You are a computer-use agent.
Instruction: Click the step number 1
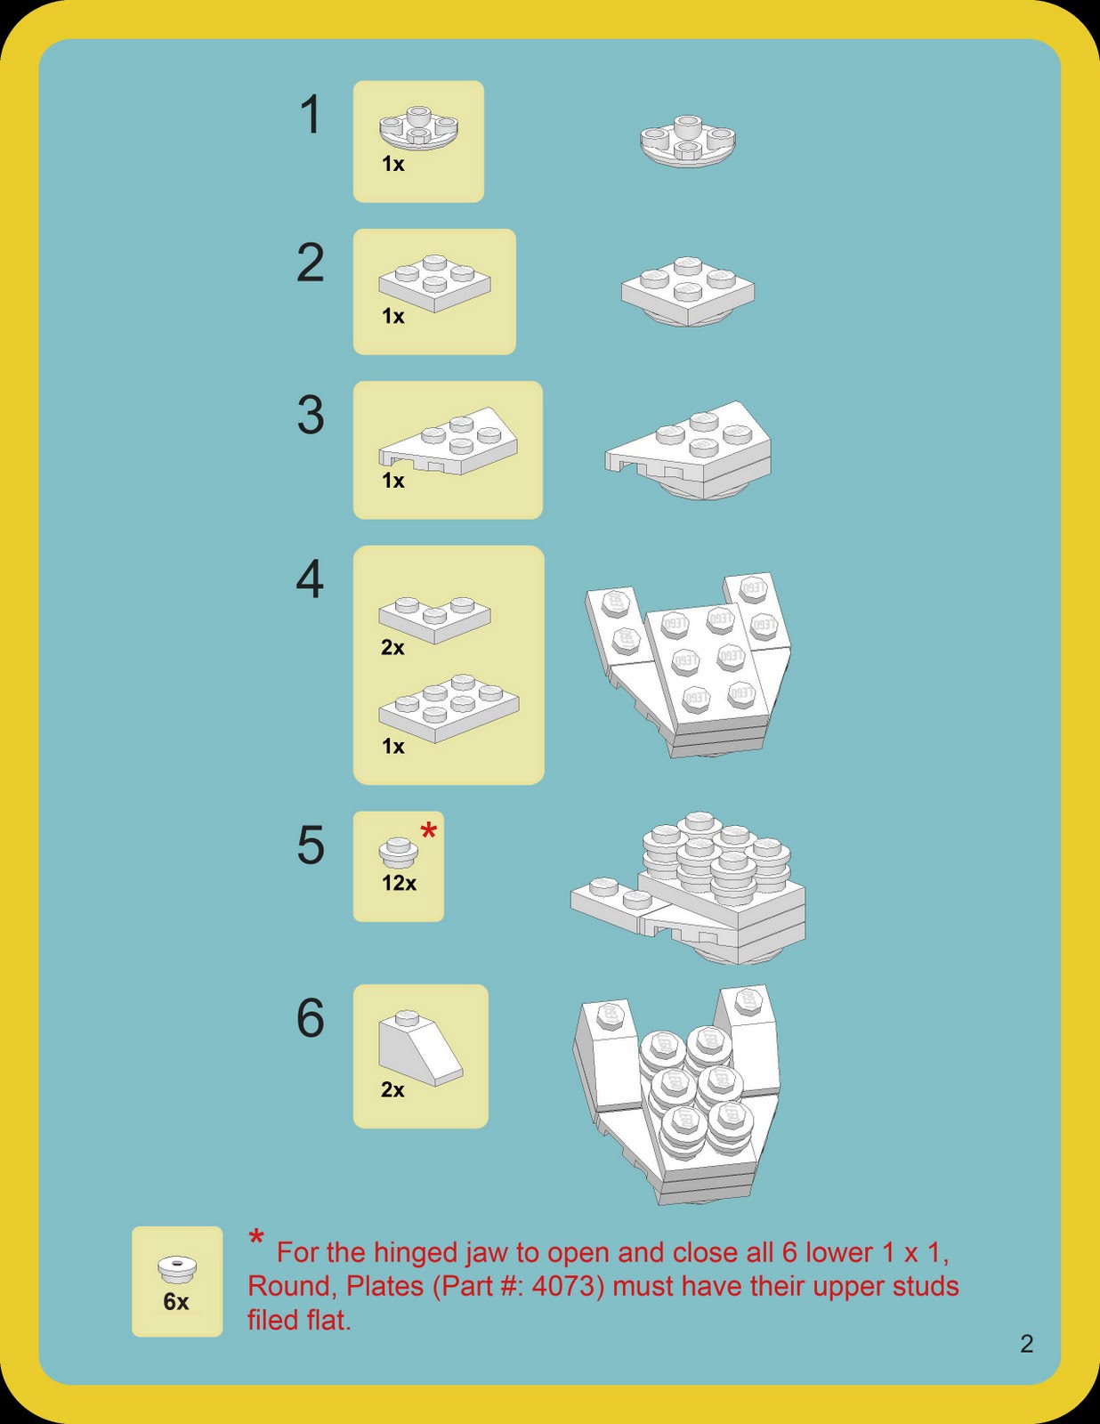(x=310, y=116)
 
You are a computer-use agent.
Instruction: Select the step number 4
(x=309, y=580)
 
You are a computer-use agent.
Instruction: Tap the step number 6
(x=310, y=1018)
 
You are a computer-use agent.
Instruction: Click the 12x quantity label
(x=399, y=883)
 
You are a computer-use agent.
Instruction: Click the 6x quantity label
(x=176, y=1302)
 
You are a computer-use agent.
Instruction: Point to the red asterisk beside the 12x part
(x=429, y=833)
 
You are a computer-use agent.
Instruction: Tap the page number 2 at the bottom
(x=1026, y=1344)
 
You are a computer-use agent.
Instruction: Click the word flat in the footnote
(x=324, y=1321)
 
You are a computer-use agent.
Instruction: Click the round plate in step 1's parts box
(x=418, y=130)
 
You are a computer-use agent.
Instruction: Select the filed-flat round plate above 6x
(x=177, y=1268)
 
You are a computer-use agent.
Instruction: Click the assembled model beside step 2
(x=687, y=290)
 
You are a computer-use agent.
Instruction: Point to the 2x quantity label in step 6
(x=392, y=1090)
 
